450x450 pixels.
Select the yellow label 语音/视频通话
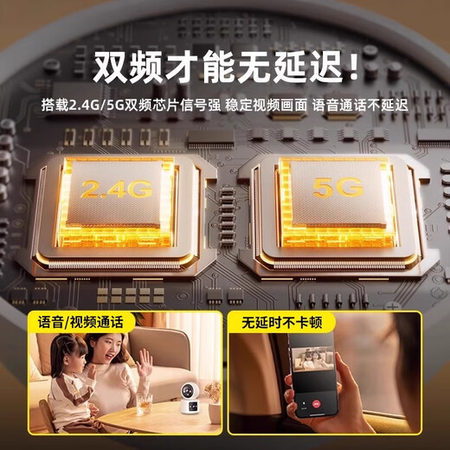80,322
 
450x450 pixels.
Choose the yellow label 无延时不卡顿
279,322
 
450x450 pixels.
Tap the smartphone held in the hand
312,381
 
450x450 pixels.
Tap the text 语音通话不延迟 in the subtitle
361,106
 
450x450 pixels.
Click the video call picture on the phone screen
315,369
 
